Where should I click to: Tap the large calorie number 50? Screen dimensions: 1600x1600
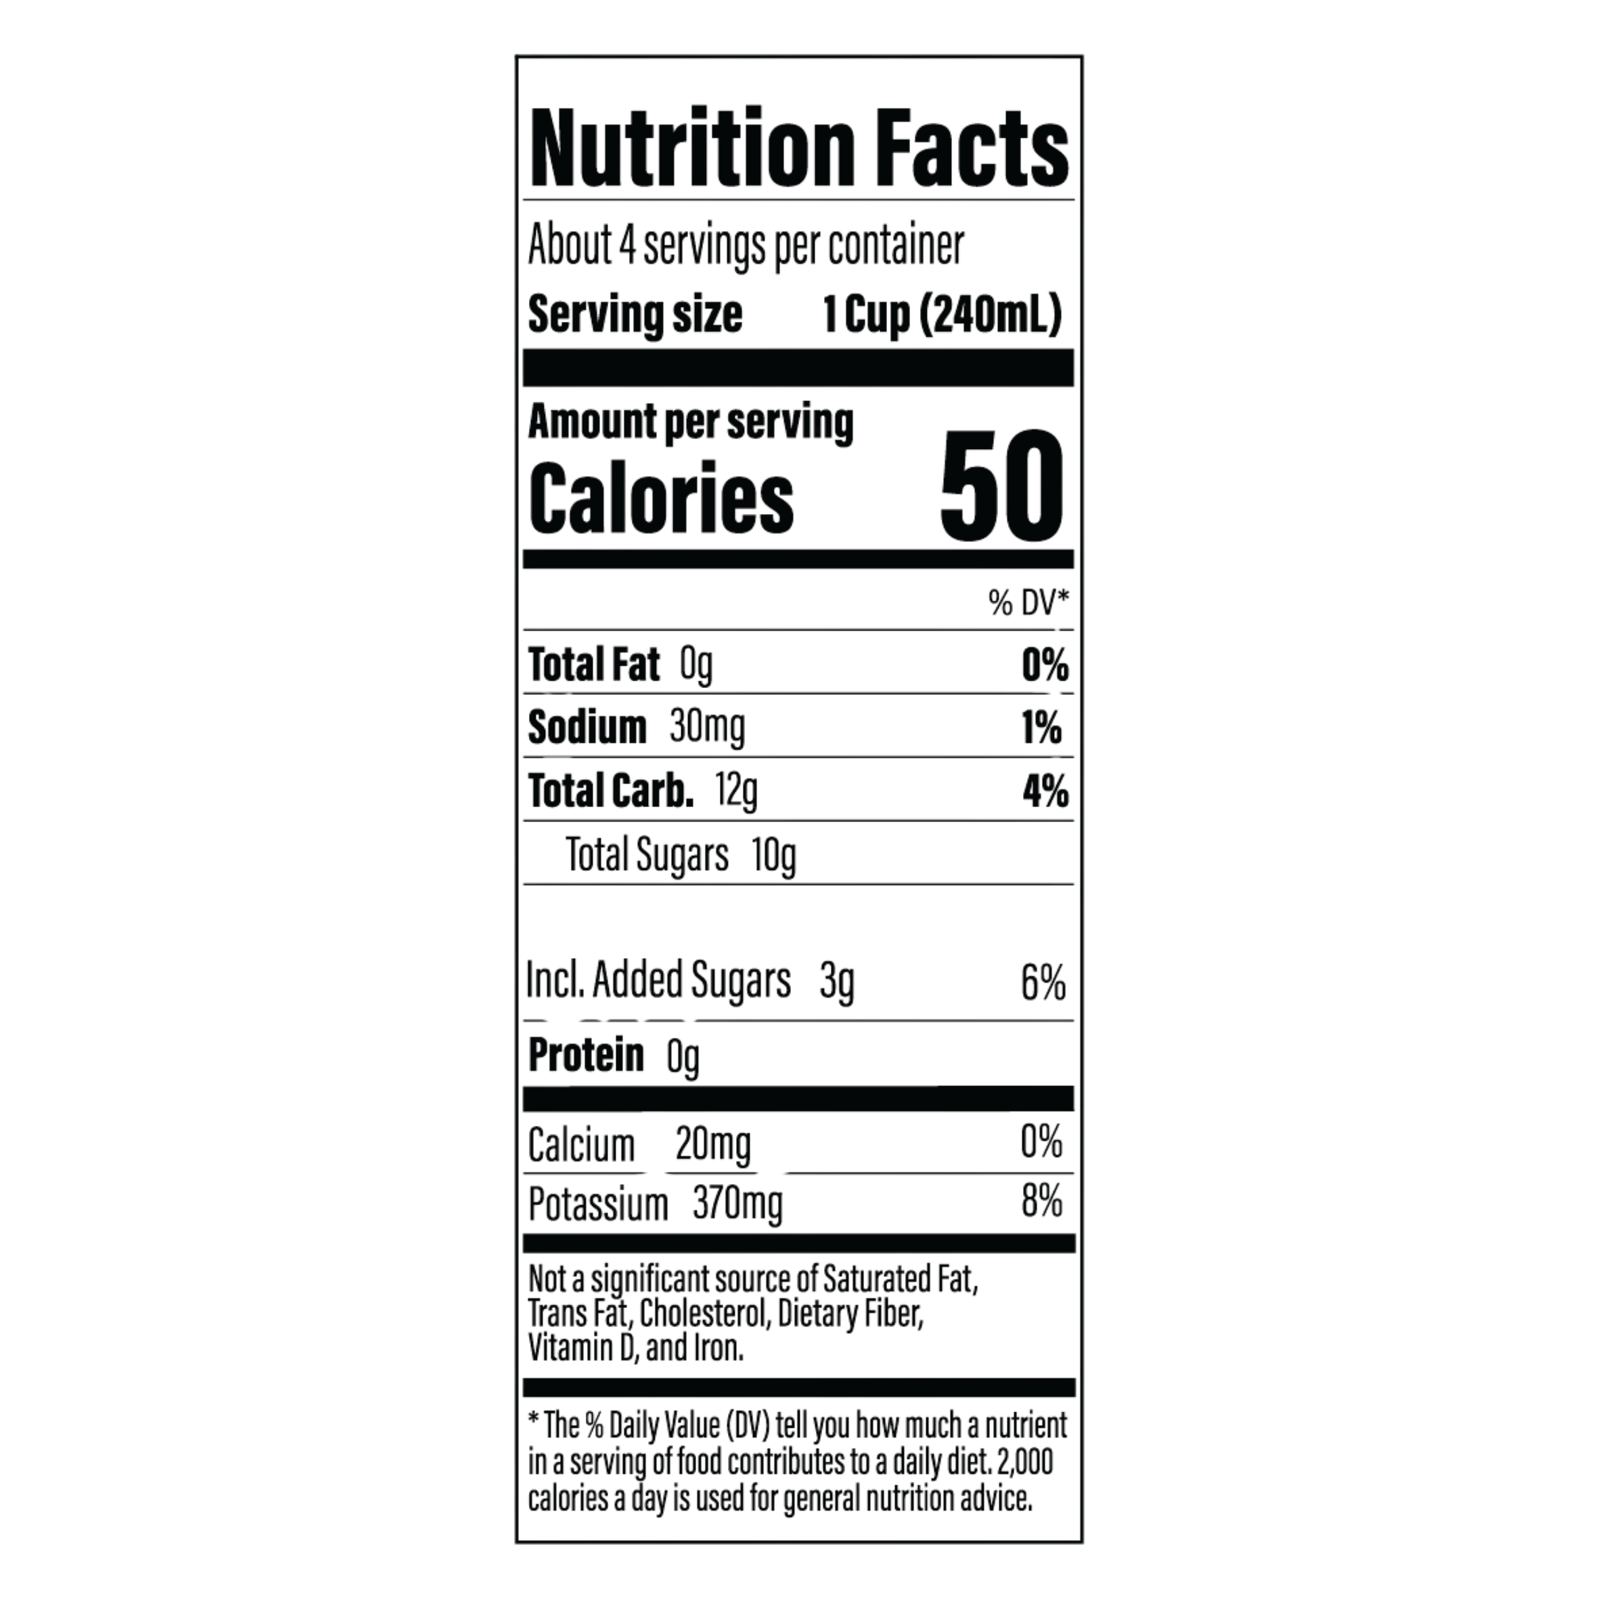click(x=1001, y=486)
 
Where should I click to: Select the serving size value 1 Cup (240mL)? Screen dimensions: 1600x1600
click(x=943, y=316)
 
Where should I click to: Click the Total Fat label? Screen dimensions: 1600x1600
click(x=594, y=664)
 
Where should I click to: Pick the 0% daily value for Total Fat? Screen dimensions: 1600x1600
click(x=1045, y=665)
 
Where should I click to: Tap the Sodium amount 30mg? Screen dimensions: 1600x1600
click(x=707, y=728)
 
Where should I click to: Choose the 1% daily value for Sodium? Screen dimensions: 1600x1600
click(x=1042, y=729)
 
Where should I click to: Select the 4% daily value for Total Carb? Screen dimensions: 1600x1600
click(x=1045, y=792)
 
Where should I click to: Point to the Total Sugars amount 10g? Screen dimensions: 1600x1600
click(x=774, y=855)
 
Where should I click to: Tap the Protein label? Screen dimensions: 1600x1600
click(x=586, y=1055)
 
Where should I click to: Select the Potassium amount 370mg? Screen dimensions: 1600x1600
click(x=738, y=1204)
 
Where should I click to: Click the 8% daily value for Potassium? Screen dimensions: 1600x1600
click(x=1042, y=1201)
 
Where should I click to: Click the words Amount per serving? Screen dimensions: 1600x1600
click(x=691, y=423)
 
